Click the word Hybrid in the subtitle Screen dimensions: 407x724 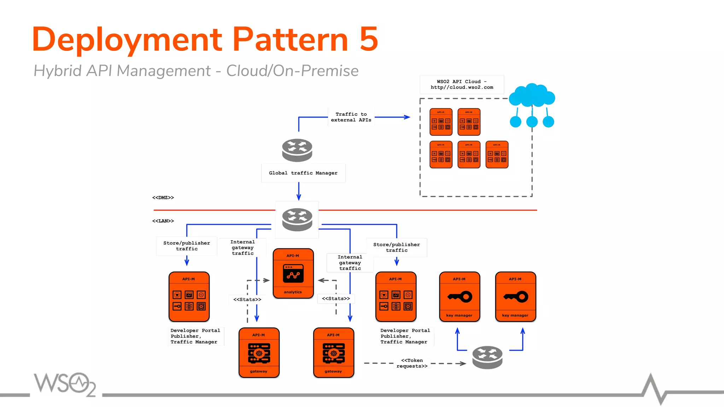[57, 71]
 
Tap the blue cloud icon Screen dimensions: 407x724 [532, 96]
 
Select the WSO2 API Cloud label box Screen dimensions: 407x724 [462, 84]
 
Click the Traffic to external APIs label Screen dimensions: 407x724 [351, 117]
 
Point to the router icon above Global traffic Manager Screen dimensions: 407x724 [297, 150]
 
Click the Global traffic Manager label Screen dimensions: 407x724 [303, 173]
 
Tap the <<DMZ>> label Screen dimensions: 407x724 [163, 197]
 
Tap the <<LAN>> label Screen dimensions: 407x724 [163, 221]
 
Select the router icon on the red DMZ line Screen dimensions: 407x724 [297, 219]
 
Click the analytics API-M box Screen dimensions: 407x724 [293, 273]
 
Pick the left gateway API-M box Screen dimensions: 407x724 [259, 353]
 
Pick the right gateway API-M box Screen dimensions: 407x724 [333, 353]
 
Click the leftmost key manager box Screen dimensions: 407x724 [459, 297]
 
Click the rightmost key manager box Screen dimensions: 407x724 [515, 297]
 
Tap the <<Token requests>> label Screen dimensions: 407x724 [412, 363]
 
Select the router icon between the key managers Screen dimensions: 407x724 [487, 357]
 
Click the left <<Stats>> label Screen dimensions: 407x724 [247, 300]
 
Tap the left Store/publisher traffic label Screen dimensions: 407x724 [187, 246]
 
